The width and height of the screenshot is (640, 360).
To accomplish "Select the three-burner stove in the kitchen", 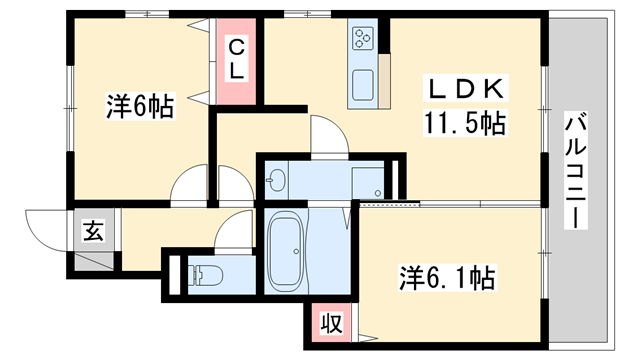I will coord(362,40).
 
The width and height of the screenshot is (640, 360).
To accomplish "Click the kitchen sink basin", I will coord(361,82).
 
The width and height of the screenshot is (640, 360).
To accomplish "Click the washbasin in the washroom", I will coord(277,182).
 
